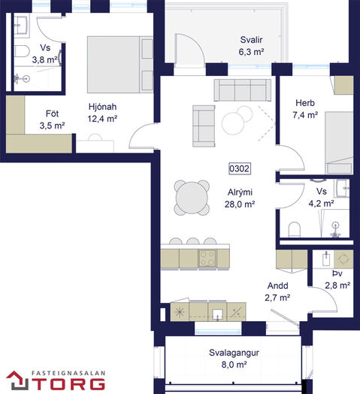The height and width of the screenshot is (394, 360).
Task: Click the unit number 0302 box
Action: click(240, 168)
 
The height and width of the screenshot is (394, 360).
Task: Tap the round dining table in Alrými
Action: click(192, 198)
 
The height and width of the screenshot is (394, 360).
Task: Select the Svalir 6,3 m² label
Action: click(251, 46)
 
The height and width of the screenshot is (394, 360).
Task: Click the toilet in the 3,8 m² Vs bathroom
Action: click(22, 51)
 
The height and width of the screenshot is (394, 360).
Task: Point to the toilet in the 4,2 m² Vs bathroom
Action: click(295, 229)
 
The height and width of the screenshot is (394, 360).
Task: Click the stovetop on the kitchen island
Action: click(207, 259)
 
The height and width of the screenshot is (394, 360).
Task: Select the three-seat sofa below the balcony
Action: click(243, 90)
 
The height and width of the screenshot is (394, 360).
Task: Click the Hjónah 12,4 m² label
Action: click(102, 113)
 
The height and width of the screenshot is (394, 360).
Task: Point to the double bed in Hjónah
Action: click(120, 65)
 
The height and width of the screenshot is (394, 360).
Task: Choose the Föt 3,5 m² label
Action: click(53, 120)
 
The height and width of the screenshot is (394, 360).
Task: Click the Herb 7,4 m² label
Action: click(305, 109)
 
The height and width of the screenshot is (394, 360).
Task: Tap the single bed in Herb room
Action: click(339, 143)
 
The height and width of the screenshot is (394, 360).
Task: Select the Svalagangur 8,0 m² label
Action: click(234, 359)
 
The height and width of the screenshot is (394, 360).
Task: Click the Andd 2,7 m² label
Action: click(277, 292)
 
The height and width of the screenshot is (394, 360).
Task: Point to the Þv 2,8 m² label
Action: click(337, 280)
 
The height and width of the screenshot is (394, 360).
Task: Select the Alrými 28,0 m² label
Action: click(240, 199)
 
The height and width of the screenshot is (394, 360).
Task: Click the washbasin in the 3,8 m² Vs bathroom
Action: click(21, 25)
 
